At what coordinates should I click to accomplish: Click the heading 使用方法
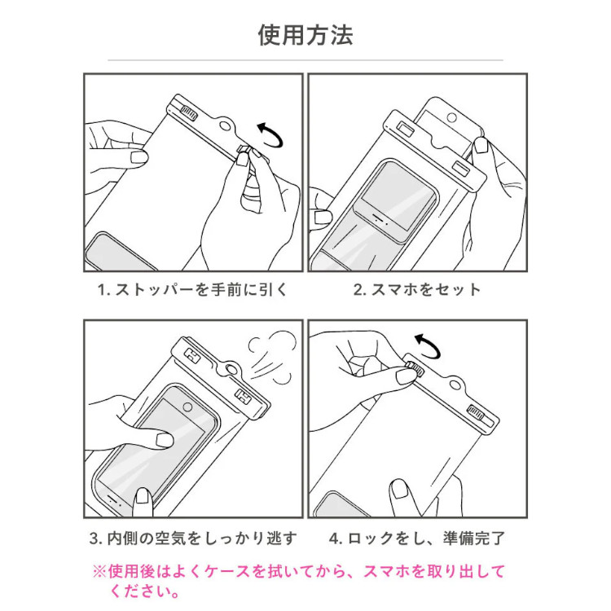point(305,35)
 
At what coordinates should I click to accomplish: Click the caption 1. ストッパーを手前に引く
point(192,289)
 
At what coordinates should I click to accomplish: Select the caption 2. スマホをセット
point(417,289)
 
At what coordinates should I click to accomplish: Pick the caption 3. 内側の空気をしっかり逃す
point(192,538)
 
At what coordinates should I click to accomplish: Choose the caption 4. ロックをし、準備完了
point(417,538)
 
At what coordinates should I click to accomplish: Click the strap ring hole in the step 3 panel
point(235,370)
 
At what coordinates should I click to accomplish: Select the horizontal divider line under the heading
point(305,60)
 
